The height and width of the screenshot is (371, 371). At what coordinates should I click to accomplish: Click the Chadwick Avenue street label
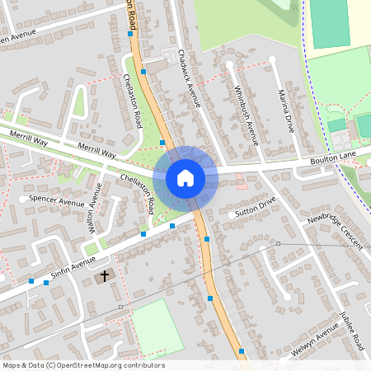click(190, 78)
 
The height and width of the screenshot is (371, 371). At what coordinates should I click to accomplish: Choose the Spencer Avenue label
click(56, 201)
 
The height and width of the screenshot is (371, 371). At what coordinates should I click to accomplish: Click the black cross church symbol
click(105, 275)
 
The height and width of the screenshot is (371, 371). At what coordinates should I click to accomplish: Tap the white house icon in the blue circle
click(185, 177)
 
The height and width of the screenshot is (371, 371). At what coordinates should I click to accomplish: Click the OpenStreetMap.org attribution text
click(83, 365)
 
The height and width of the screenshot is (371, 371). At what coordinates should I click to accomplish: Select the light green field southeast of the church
click(157, 327)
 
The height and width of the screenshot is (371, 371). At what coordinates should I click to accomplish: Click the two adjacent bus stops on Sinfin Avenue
click(39, 282)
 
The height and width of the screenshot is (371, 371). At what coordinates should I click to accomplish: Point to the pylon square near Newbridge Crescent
click(279, 244)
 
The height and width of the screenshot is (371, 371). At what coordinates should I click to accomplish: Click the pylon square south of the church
click(120, 308)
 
